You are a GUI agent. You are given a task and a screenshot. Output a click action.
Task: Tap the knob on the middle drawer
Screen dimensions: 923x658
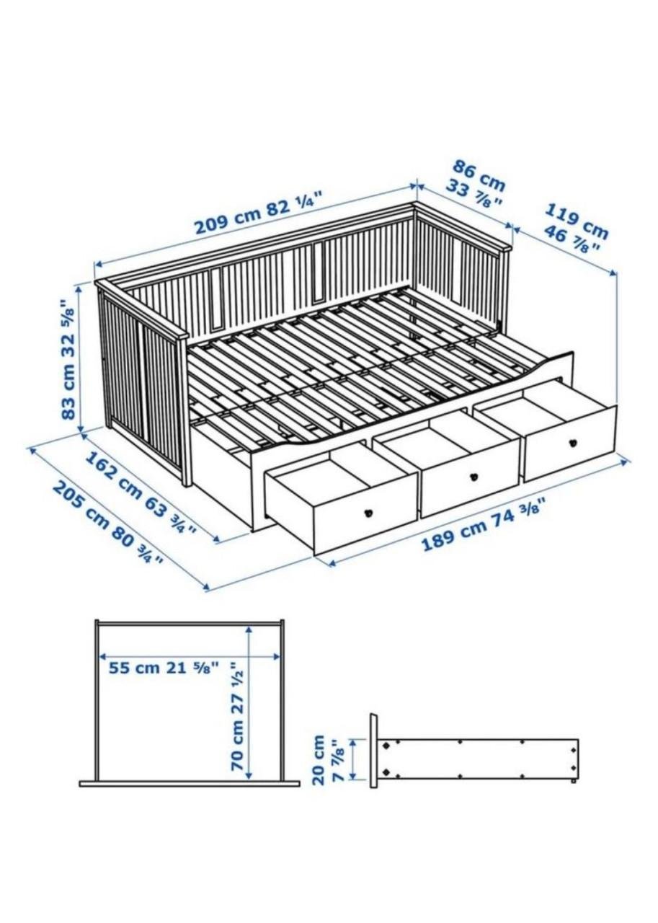pyautogui.click(x=474, y=476)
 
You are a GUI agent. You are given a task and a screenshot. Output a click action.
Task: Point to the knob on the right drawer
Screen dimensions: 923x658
pyautogui.click(x=574, y=443)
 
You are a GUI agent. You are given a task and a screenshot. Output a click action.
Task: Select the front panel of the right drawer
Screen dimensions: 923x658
pyautogui.click(x=570, y=444)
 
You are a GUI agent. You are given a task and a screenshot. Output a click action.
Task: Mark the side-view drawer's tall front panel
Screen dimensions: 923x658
pyautogui.click(x=373, y=751)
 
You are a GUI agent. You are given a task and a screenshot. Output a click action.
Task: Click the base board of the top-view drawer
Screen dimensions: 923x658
pyautogui.click(x=190, y=783)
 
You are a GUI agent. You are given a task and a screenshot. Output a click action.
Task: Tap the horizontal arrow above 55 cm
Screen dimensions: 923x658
pyautogui.click(x=190, y=656)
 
